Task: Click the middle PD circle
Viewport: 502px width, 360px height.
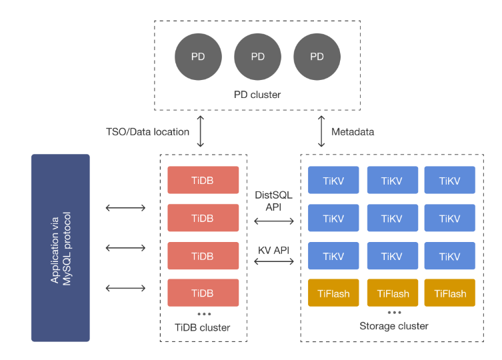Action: click(x=258, y=57)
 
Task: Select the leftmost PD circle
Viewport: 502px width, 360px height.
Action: click(x=198, y=57)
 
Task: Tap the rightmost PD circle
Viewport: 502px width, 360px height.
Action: click(x=317, y=57)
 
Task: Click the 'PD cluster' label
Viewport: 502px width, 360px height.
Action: click(x=257, y=95)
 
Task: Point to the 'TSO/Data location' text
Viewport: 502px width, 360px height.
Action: click(x=147, y=132)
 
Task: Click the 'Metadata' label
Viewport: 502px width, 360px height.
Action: click(x=353, y=132)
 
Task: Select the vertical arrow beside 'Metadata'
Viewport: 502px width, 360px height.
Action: click(x=321, y=131)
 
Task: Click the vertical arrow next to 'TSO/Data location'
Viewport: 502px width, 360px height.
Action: click(x=201, y=131)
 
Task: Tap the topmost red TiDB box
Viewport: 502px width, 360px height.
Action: click(x=203, y=180)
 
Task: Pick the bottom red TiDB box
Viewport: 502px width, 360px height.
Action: click(x=203, y=293)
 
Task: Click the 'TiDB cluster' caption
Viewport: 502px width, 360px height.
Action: click(x=203, y=327)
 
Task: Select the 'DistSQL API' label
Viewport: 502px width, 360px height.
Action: click(x=273, y=201)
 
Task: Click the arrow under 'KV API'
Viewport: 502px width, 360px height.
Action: click(x=274, y=262)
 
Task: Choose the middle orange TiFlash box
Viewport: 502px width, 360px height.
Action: click(x=393, y=293)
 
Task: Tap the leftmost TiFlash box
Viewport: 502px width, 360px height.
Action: click(x=333, y=293)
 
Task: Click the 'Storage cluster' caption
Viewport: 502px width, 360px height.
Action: click(x=394, y=326)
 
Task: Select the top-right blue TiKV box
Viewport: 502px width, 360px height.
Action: click(x=450, y=180)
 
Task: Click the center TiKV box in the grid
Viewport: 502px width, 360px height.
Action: click(x=393, y=218)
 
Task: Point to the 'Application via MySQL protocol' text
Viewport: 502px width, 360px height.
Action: click(x=61, y=249)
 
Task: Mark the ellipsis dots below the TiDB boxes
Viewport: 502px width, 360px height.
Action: click(x=204, y=314)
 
